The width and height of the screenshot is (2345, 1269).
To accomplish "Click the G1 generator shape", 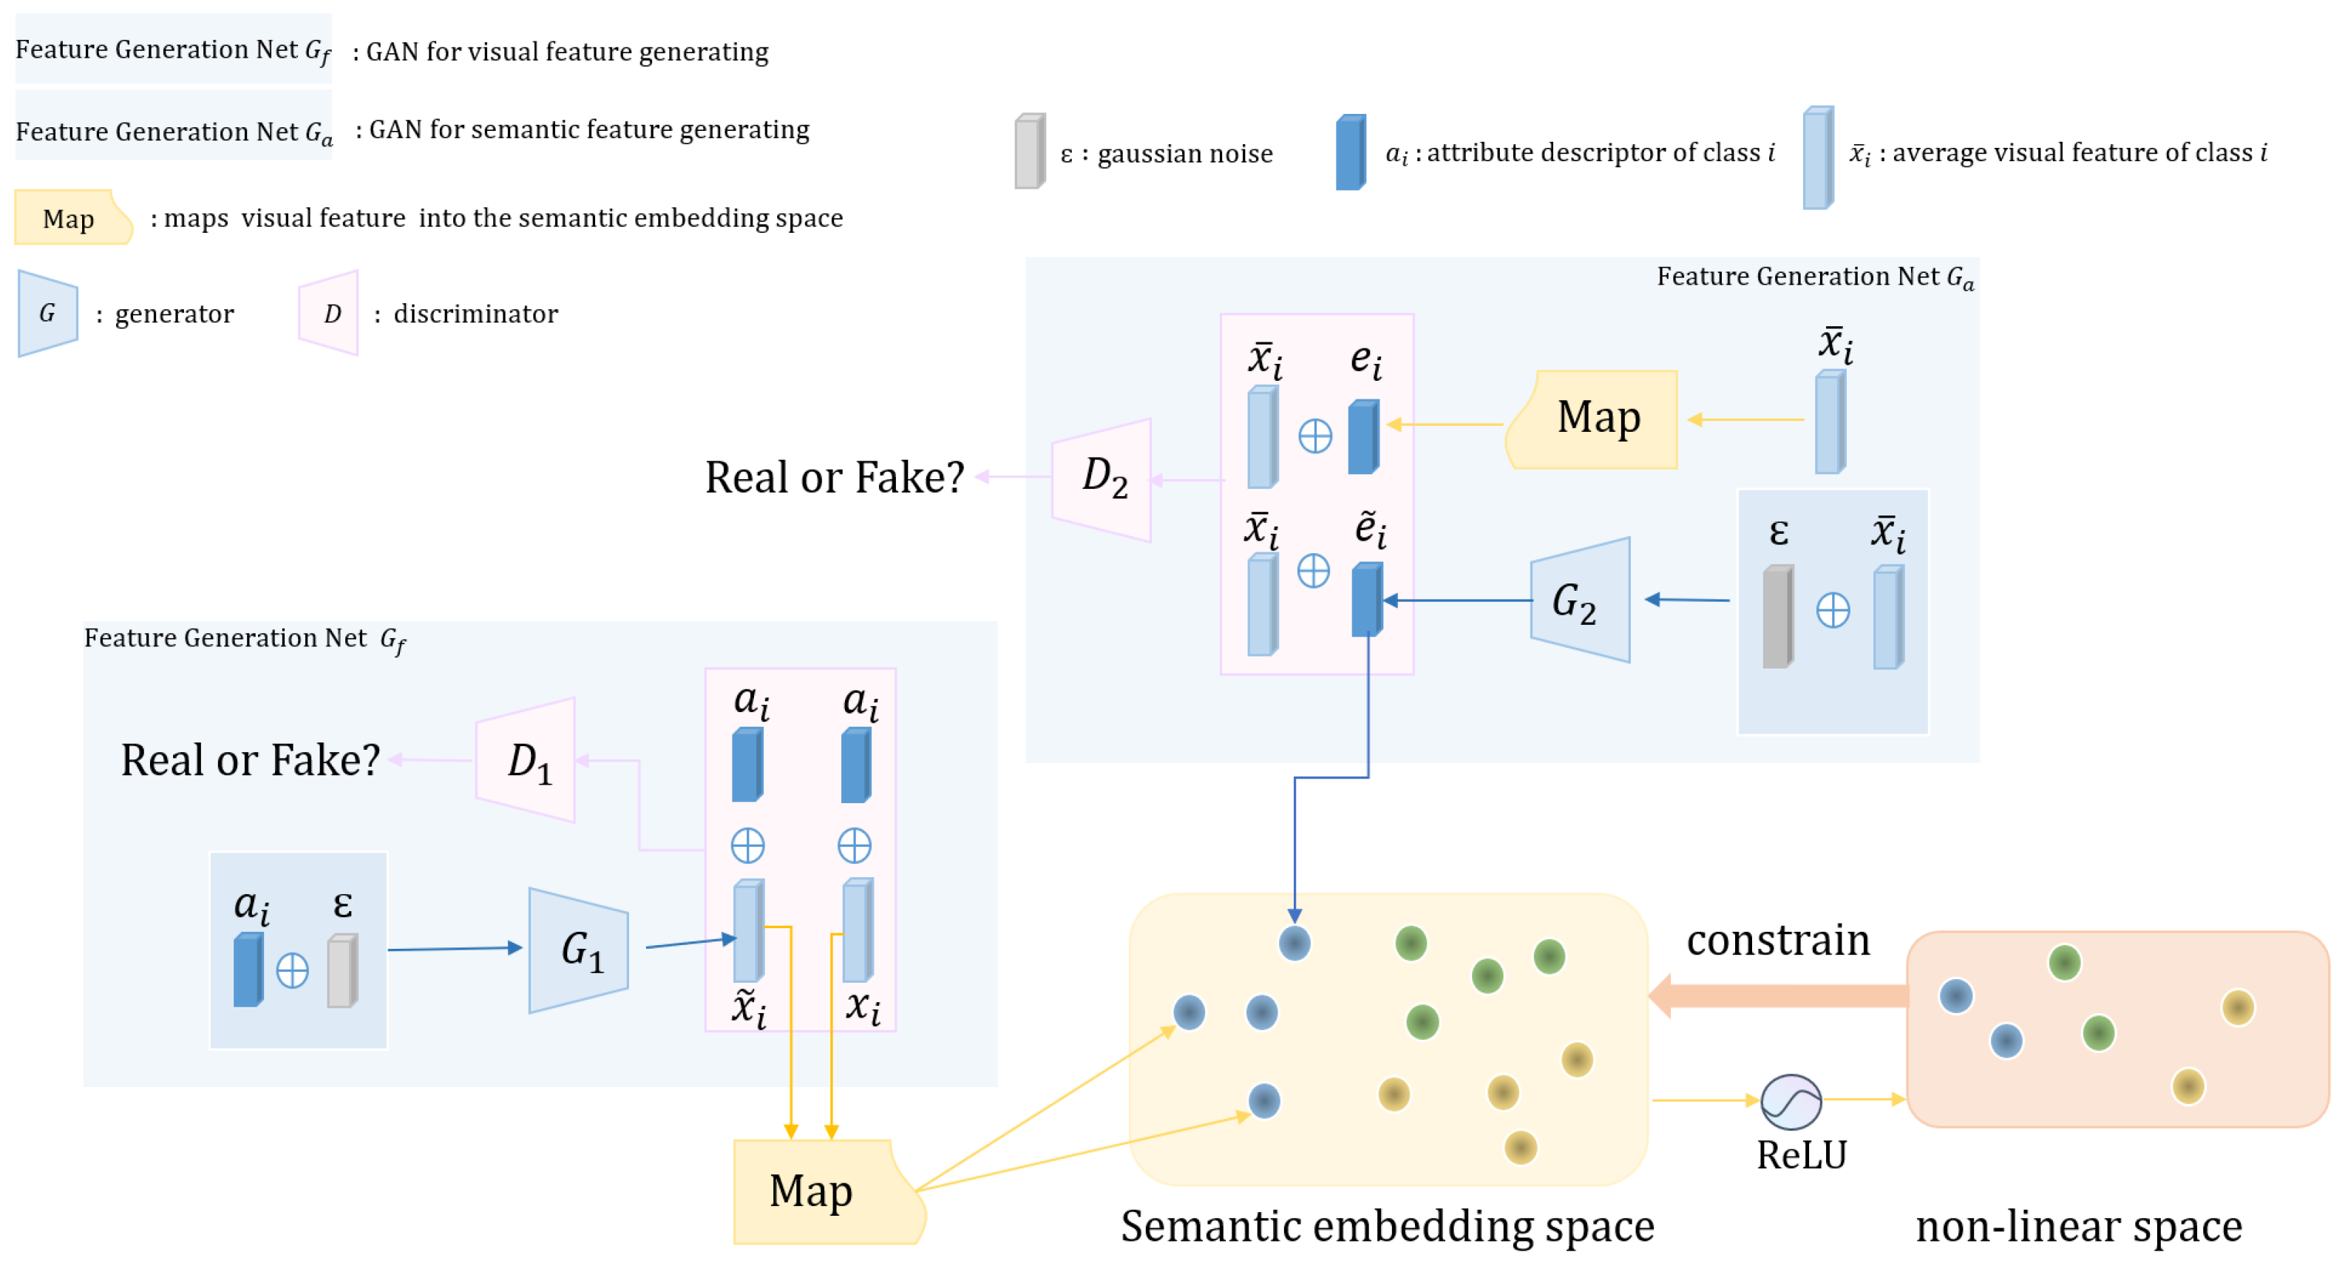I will (579, 950).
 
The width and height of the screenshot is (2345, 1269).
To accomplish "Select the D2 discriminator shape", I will (1102, 479).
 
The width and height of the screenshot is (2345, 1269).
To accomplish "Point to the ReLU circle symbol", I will (1791, 1100).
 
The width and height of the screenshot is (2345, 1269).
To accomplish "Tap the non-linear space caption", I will (2078, 1226).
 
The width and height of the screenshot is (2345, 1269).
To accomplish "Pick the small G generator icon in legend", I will (48, 313).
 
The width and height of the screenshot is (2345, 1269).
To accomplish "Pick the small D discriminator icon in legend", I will (330, 313).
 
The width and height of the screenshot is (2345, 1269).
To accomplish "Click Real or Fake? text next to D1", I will (251, 760).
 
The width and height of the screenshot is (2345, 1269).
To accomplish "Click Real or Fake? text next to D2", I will (834, 477).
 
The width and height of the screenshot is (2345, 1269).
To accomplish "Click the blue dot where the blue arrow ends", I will (1294, 942).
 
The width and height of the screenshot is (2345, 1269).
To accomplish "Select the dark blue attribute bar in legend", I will (1350, 152).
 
